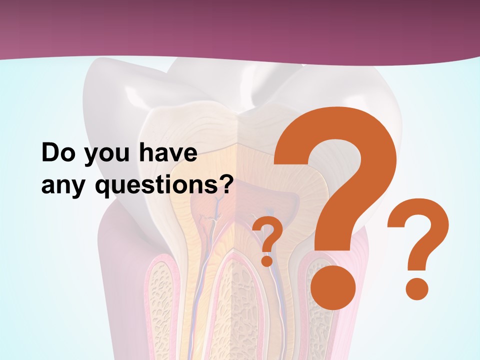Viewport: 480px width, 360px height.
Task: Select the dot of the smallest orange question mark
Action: (x=267, y=260)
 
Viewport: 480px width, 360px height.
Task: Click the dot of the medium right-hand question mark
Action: (x=416, y=288)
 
